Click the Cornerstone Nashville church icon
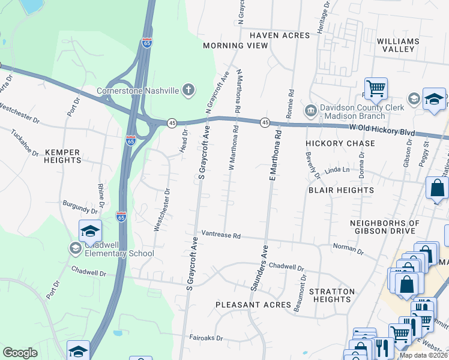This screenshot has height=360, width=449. [x=188, y=91]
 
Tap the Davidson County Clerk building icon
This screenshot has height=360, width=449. [x=311, y=109]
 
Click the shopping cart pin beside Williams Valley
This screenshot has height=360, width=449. [x=376, y=89]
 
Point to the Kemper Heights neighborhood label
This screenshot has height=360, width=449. [x=62, y=156]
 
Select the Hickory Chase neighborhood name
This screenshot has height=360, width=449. [x=340, y=143]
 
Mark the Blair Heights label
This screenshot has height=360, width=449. [x=341, y=190]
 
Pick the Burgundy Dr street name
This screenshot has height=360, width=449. [x=80, y=208]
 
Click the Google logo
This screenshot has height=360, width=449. [x=20, y=353]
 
